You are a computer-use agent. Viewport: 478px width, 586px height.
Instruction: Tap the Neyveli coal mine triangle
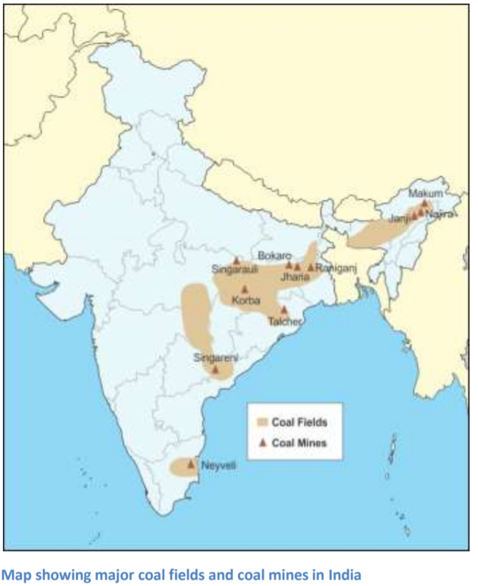click(x=190, y=464)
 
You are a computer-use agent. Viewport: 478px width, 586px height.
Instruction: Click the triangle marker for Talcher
click(x=284, y=310)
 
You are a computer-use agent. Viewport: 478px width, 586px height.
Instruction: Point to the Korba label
click(x=245, y=301)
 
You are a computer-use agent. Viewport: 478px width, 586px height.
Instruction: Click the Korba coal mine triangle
click(x=244, y=288)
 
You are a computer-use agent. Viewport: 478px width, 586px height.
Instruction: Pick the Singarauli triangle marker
click(x=236, y=260)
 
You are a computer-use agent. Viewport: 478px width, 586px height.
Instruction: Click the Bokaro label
click(x=274, y=255)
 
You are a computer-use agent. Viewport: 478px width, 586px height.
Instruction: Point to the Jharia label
click(x=294, y=275)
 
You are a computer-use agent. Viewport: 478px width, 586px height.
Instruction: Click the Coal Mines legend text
click(x=299, y=443)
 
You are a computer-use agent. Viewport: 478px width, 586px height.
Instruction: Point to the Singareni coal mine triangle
click(x=215, y=369)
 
